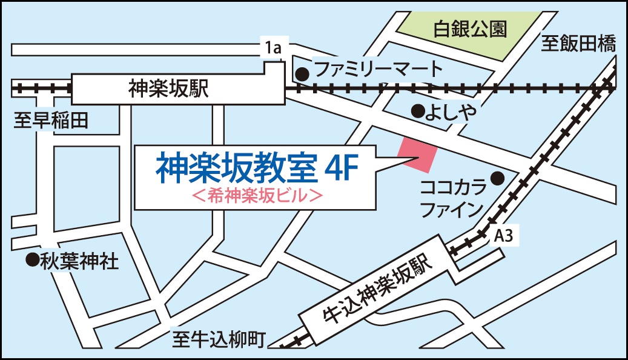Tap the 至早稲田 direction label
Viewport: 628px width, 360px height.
click(51, 121)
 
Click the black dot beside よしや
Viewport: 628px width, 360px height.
click(417, 110)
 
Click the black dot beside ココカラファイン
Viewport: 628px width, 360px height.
click(497, 178)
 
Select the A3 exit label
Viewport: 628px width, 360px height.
click(504, 237)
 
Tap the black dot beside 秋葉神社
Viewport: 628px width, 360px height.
click(30, 261)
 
